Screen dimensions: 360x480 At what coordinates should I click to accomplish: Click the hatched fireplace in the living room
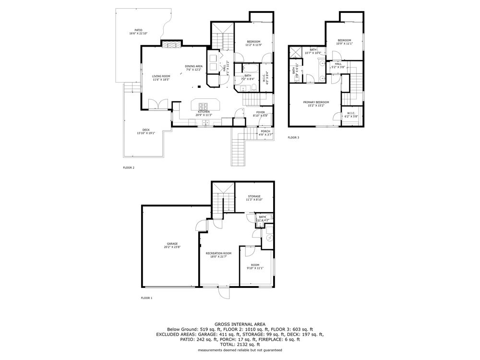tap(171, 45)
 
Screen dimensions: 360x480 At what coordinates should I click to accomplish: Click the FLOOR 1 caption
tap(146, 298)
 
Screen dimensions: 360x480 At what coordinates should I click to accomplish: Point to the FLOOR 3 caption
tap(293, 138)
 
